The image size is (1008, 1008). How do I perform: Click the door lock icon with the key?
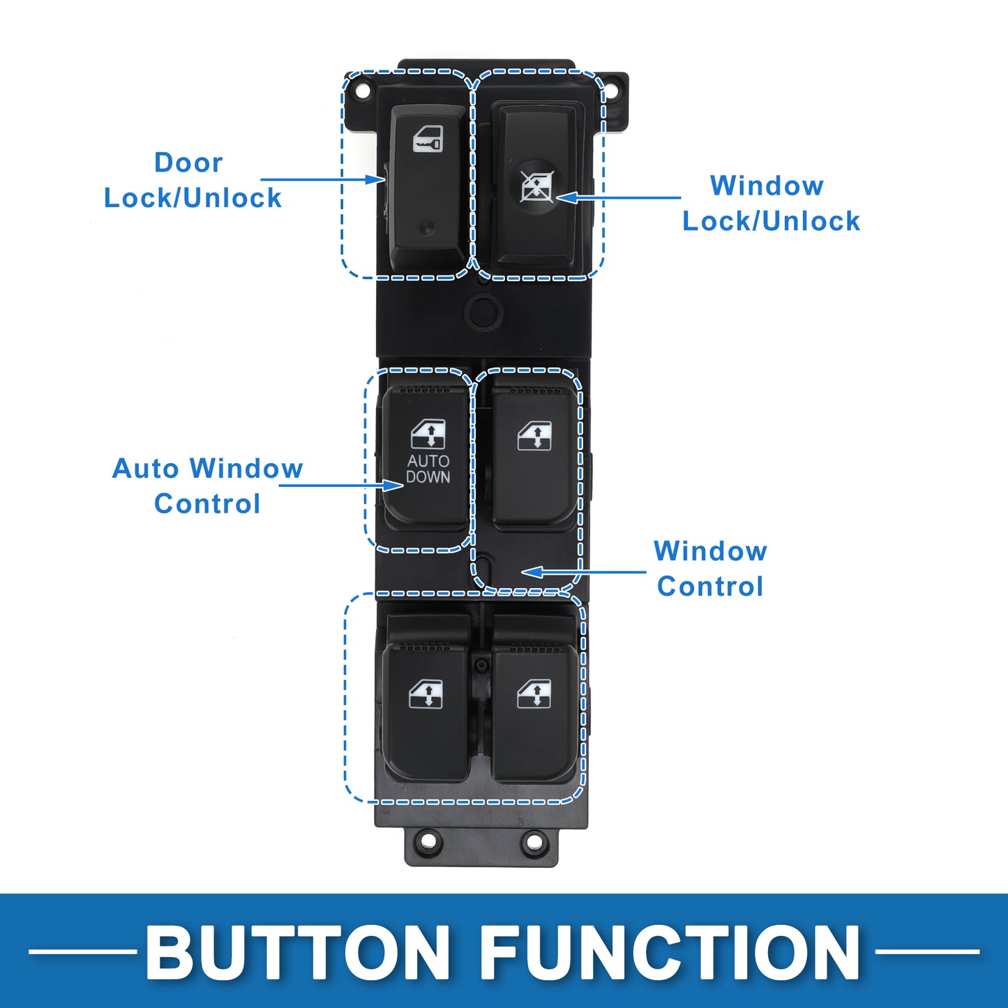(x=428, y=139)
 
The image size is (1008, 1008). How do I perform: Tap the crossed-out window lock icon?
(x=536, y=187)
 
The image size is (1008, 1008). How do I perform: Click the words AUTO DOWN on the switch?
(x=428, y=469)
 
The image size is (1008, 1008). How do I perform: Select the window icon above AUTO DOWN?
(x=428, y=434)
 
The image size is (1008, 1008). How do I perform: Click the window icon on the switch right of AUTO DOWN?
(x=534, y=436)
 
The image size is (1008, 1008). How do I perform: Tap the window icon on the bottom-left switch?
(x=426, y=694)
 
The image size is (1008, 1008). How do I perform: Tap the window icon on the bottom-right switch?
(x=534, y=694)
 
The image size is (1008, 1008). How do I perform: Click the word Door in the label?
(x=188, y=162)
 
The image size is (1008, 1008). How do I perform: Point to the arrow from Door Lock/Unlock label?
(x=323, y=179)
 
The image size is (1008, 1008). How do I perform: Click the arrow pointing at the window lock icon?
(x=618, y=197)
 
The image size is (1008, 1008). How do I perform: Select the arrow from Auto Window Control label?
(x=341, y=486)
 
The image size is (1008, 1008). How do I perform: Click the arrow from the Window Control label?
(x=584, y=572)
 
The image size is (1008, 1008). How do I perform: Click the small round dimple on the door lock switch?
(x=427, y=227)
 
